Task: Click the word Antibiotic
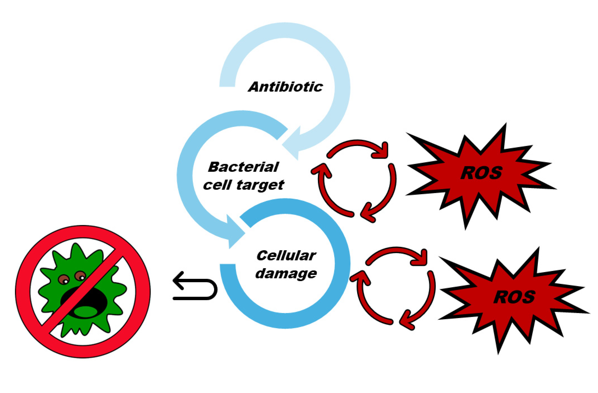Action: point(286,87)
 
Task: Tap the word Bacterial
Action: point(243,167)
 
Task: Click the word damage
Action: point(286,273)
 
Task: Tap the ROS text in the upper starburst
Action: point(481,173)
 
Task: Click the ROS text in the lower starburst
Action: point(514,297)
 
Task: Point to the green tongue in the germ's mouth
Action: point(85,312)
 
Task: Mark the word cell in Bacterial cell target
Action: point(216,185)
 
